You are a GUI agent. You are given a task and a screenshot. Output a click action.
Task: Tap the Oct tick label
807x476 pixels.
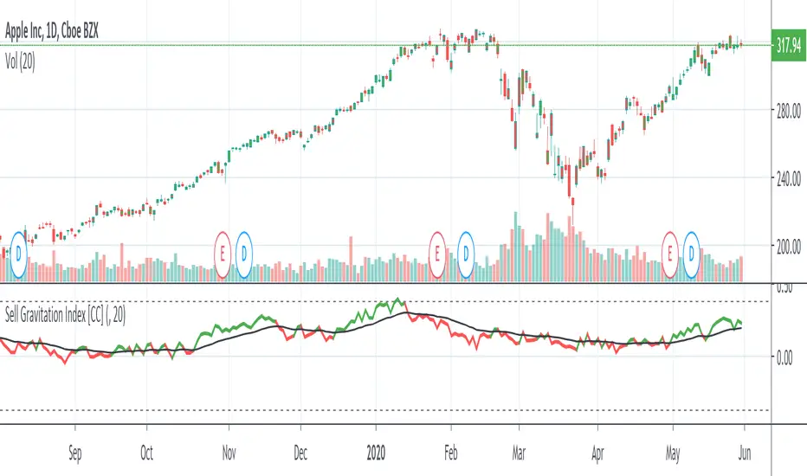pos(147,451)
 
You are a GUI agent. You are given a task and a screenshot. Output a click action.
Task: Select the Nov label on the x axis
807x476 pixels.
pos(229,451)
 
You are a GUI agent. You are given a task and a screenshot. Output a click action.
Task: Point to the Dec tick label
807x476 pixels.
pos(300,451)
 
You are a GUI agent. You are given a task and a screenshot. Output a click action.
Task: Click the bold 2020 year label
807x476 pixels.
pos(376,451)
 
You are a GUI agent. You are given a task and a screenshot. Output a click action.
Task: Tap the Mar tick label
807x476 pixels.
pos(519,451)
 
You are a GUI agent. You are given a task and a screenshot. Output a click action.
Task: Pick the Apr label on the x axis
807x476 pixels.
pos(597,451)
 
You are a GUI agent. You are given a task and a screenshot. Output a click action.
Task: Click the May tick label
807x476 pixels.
pos(667,451)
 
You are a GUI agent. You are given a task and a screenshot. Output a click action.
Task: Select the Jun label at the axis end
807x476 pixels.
pos(743,451)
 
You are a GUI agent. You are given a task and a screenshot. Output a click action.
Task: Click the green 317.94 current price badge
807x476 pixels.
pos(788,45)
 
